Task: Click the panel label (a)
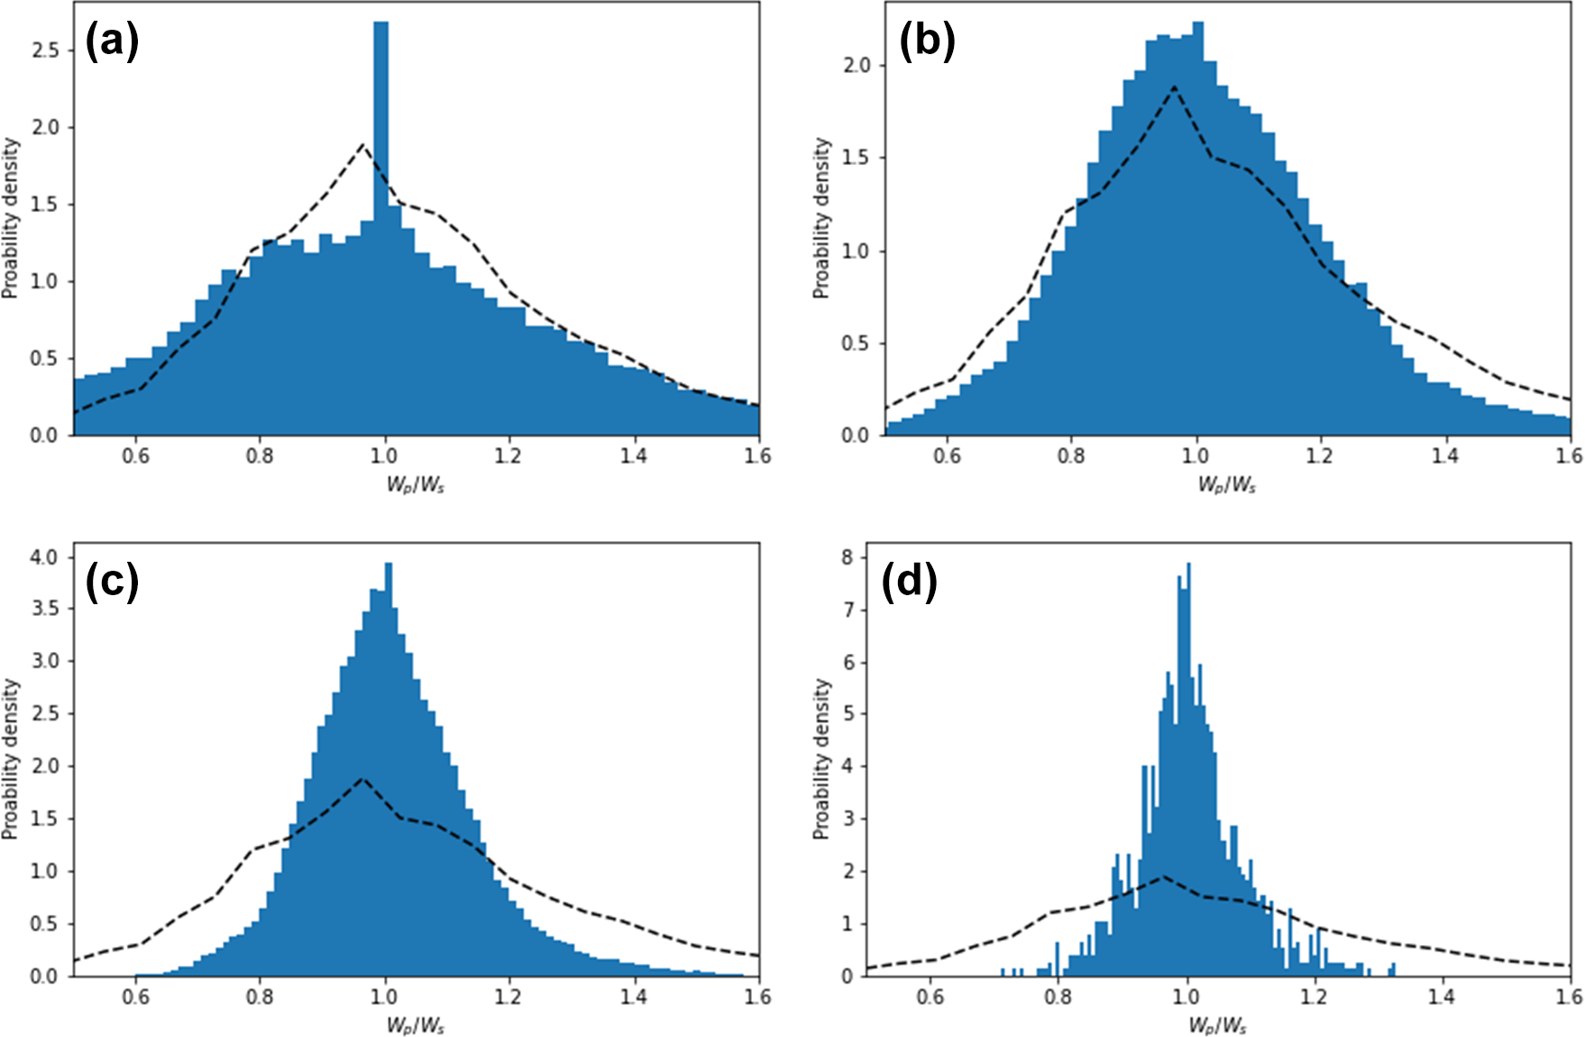tap(112, 42)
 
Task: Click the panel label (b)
tap(927, 42)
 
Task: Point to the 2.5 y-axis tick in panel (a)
tap(45, 50)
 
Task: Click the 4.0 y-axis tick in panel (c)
tap(45, 557)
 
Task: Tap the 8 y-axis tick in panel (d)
tap(847, 557)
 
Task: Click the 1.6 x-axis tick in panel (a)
tap(758, 456)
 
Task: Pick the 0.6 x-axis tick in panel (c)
tap(136, 997)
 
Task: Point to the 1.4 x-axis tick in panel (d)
tap(1443, 997)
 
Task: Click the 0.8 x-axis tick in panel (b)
tap(1071, 456)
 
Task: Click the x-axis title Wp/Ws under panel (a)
tap(416, 485)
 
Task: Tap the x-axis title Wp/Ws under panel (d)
tap(1218, 1026)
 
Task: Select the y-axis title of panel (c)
tap(11, 759)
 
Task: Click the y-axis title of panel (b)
tap(821, 218)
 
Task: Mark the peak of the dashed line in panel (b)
tap(1174, 87)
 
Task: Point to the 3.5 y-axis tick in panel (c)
tap(45, 610)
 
